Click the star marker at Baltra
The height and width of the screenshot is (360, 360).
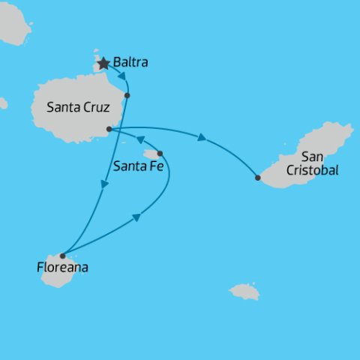[103, 64]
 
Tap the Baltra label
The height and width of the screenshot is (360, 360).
[130, 63]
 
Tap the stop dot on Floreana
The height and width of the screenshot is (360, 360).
[62, 256]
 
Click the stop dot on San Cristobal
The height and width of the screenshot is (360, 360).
[258, 178]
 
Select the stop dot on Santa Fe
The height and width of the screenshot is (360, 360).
[160, 153]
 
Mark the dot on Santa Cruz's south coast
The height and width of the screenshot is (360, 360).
[109, 129]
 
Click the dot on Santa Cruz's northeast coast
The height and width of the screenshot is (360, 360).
[127, 95]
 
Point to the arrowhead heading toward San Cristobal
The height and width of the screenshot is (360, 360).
[202, 137]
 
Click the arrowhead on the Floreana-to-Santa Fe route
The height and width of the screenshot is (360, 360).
[136, 217]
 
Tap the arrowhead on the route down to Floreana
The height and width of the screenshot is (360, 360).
[103, 184]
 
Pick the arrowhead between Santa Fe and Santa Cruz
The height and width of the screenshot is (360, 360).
[139, 140]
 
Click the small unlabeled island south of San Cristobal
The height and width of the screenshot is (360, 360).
[244, 291]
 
